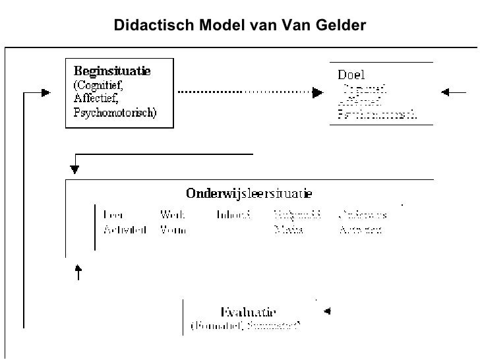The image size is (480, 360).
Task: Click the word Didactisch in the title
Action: (x=146, y=25)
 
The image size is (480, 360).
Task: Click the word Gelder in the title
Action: (x=342, y=25)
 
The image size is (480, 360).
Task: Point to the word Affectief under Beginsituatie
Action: (x=92, y=98)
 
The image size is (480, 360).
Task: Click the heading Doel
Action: (x=351, y=75)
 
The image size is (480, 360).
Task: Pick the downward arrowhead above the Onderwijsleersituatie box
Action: (x=75, y=169)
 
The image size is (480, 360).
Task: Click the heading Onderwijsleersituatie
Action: (x=249, y=194)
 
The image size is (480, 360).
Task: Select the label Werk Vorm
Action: (x=173, y=222)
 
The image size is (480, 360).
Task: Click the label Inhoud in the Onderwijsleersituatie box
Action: (x=233, y=215)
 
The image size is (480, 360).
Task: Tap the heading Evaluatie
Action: (x=248, y=313)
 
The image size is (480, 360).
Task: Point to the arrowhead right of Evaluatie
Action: (x=326, y=311)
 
